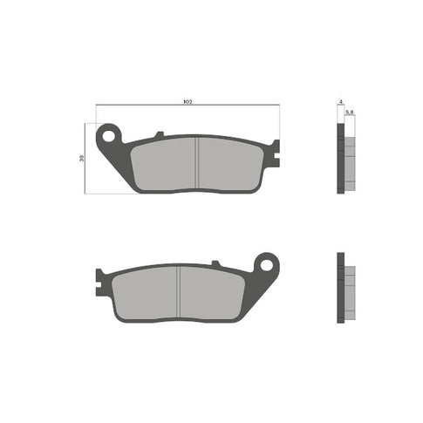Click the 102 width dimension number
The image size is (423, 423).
(188, 102)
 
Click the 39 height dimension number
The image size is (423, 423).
(84, 159)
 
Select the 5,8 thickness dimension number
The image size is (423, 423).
(349, 113)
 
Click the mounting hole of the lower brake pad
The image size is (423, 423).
(267, 263)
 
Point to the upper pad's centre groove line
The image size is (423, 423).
(199, 164)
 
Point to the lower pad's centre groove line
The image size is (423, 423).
(178, 290)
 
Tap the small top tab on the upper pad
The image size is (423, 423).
(158, 134)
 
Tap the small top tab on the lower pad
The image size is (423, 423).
(215, 262)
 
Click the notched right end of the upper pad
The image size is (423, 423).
(273, 154)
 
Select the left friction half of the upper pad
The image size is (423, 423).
(166, 164)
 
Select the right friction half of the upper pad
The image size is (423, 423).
(230, 164)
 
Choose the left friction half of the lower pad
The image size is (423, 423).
(146, 290)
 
